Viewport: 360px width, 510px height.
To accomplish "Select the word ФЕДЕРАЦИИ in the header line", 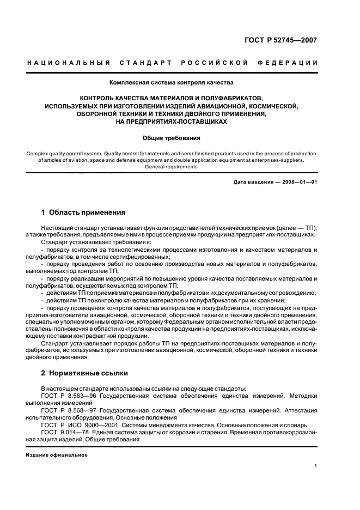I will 291,63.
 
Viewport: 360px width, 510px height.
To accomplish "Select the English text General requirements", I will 171,167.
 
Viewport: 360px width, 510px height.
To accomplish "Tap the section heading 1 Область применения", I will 83,212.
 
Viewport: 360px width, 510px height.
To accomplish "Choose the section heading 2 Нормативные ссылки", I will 84,373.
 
